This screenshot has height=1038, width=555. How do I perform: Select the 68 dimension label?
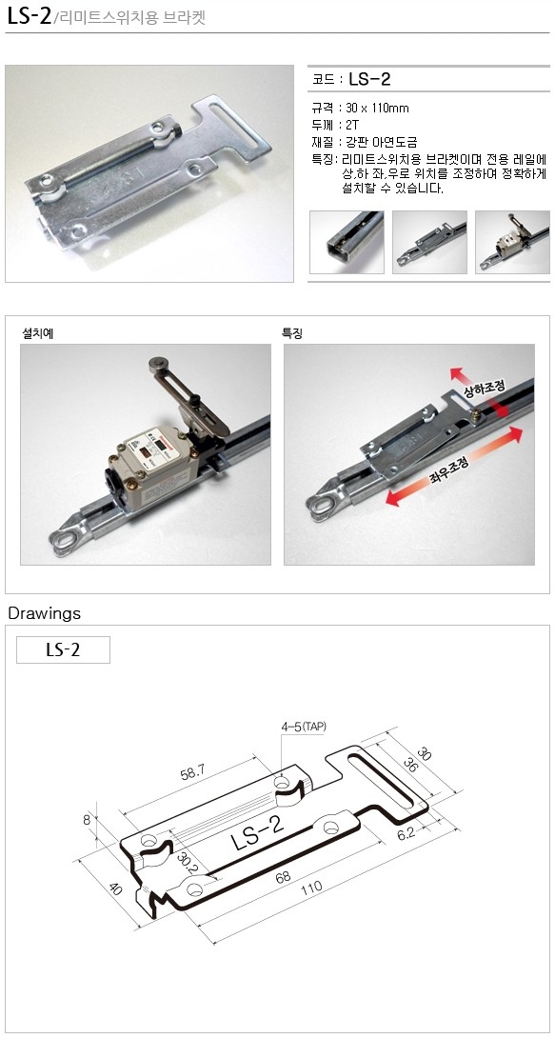283,878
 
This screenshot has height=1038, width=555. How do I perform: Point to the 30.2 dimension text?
188,866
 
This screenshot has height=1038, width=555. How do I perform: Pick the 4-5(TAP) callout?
304,727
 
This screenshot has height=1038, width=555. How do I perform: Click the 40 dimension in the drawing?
116,888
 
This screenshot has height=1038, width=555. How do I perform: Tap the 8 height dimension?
87,819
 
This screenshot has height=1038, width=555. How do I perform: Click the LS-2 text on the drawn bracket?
258,833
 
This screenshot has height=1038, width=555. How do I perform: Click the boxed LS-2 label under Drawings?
63,649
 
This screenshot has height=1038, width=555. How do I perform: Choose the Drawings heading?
45,613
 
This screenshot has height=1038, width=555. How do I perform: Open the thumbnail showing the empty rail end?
347,242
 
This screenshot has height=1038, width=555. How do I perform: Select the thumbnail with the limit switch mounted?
513,242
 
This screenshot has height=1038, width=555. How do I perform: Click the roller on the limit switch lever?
157,364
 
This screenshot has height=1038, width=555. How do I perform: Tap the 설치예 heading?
38,333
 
